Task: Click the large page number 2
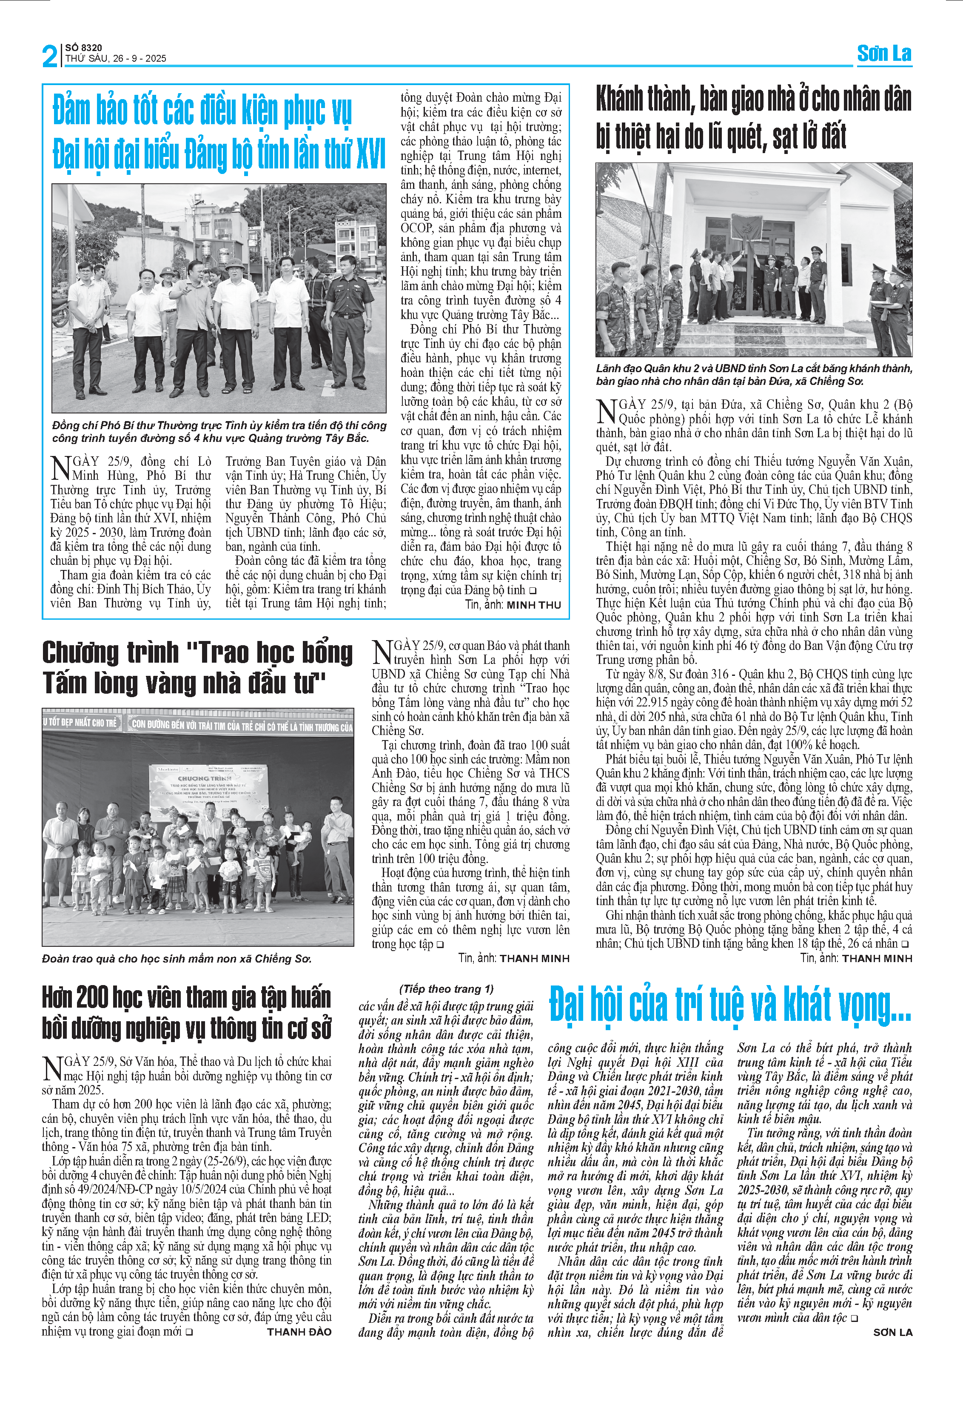[50, 56]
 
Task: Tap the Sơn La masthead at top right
[884, 54]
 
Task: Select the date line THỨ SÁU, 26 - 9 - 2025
[116, 59]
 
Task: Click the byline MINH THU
[533, 605]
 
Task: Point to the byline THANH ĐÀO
[299, 1332]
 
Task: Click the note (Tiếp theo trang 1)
[446, 988]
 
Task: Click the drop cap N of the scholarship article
[382, 652]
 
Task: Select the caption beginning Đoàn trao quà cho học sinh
[176, 958]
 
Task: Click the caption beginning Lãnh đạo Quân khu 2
[754, 374]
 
